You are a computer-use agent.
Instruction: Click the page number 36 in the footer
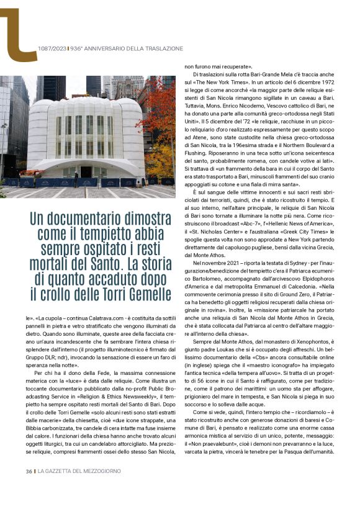click(29, 489)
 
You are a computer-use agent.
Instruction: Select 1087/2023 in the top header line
click(52, 48)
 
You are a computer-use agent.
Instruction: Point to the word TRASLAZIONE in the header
click(163, 48)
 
